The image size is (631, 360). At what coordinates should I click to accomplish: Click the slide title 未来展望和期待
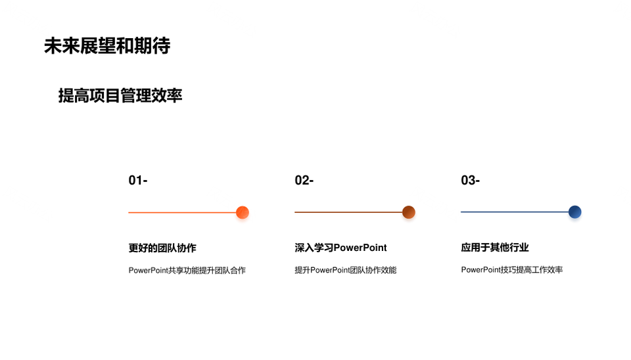point(107,46)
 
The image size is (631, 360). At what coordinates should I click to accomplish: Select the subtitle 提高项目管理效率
point(120,96)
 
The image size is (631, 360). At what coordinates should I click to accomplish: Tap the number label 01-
point(138,180)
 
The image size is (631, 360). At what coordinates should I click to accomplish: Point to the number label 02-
point(304,180)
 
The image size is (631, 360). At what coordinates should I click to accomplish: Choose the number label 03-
point(471,180)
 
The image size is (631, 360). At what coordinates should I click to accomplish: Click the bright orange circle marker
point(243,212)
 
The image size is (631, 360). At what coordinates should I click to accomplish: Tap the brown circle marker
point(408,212)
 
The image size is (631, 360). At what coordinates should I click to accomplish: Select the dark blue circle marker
point(574,212)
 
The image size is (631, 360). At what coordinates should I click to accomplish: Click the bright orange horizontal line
point(182,212)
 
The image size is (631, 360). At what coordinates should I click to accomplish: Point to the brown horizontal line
point(348,212)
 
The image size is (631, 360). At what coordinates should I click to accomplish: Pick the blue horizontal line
point(515,212)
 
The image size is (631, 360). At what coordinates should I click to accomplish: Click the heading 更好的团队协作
point(162,248)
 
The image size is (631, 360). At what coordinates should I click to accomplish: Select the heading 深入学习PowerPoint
point(341,248)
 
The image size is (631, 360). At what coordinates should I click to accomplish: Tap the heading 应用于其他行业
point(495,248)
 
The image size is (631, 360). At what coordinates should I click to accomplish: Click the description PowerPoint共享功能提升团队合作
point(187,270)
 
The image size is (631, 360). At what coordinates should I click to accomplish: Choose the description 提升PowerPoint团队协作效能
point(346,270)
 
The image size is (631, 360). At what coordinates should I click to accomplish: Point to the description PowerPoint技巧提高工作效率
point(512,269)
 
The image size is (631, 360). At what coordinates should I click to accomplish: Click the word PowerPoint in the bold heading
point(360,248)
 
